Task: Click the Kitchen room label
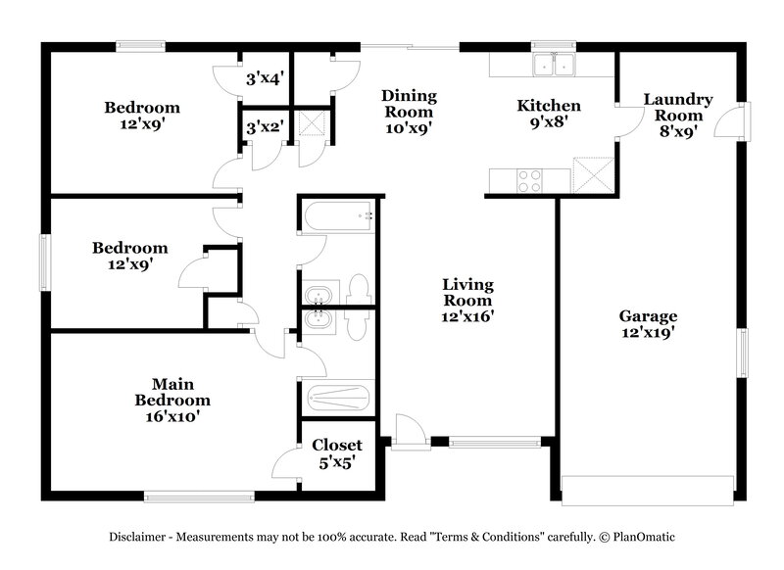(549, 114)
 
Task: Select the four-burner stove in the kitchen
(529, 180)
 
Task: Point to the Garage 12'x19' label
(648, 324)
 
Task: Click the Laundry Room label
(677, 116)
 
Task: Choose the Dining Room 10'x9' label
(409, 112)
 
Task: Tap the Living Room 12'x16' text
(467, 300)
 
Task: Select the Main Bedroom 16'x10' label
(172, 400)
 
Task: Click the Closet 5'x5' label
(337, 452)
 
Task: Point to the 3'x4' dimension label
(264, 77)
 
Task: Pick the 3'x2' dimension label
(264, 126)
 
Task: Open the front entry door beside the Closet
(409, 432)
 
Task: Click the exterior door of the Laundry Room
(730, 121)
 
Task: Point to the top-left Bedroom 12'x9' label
(142, 116)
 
